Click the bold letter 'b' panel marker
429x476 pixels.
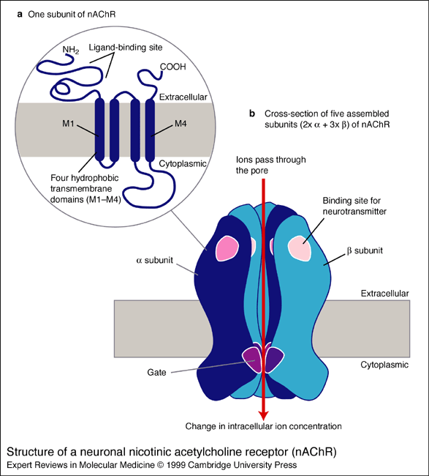(252, 114)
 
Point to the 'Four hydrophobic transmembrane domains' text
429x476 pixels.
(83, 187)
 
